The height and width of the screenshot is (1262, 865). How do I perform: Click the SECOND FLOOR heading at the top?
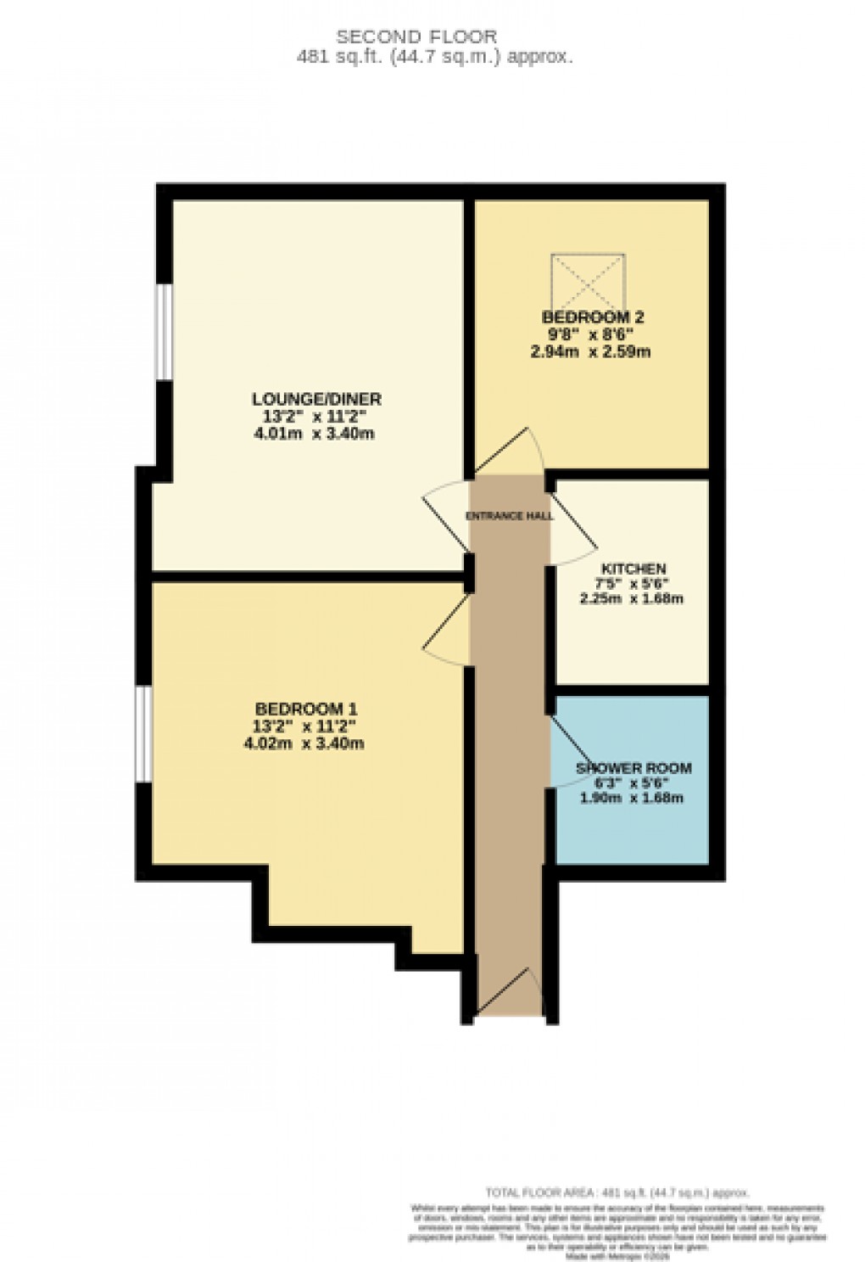click(416, 36)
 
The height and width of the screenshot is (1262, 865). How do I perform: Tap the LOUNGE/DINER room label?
click(316, 399)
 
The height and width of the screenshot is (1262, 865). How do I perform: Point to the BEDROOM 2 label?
click(593, 317)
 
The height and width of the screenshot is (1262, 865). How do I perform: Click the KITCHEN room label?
click(633, 569)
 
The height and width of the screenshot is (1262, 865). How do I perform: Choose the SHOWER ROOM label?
click(634, 768)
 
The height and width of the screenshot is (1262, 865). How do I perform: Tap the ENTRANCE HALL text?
click(510, 516)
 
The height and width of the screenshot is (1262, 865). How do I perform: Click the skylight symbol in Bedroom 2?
click(589, 281)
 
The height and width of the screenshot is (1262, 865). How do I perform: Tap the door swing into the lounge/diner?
click(446, 517)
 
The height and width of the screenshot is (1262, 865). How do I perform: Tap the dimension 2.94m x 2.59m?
click(591, 351)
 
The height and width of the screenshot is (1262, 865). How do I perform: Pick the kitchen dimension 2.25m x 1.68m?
click(632, 598)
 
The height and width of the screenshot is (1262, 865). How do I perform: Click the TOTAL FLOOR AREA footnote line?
click(617, 1192)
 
